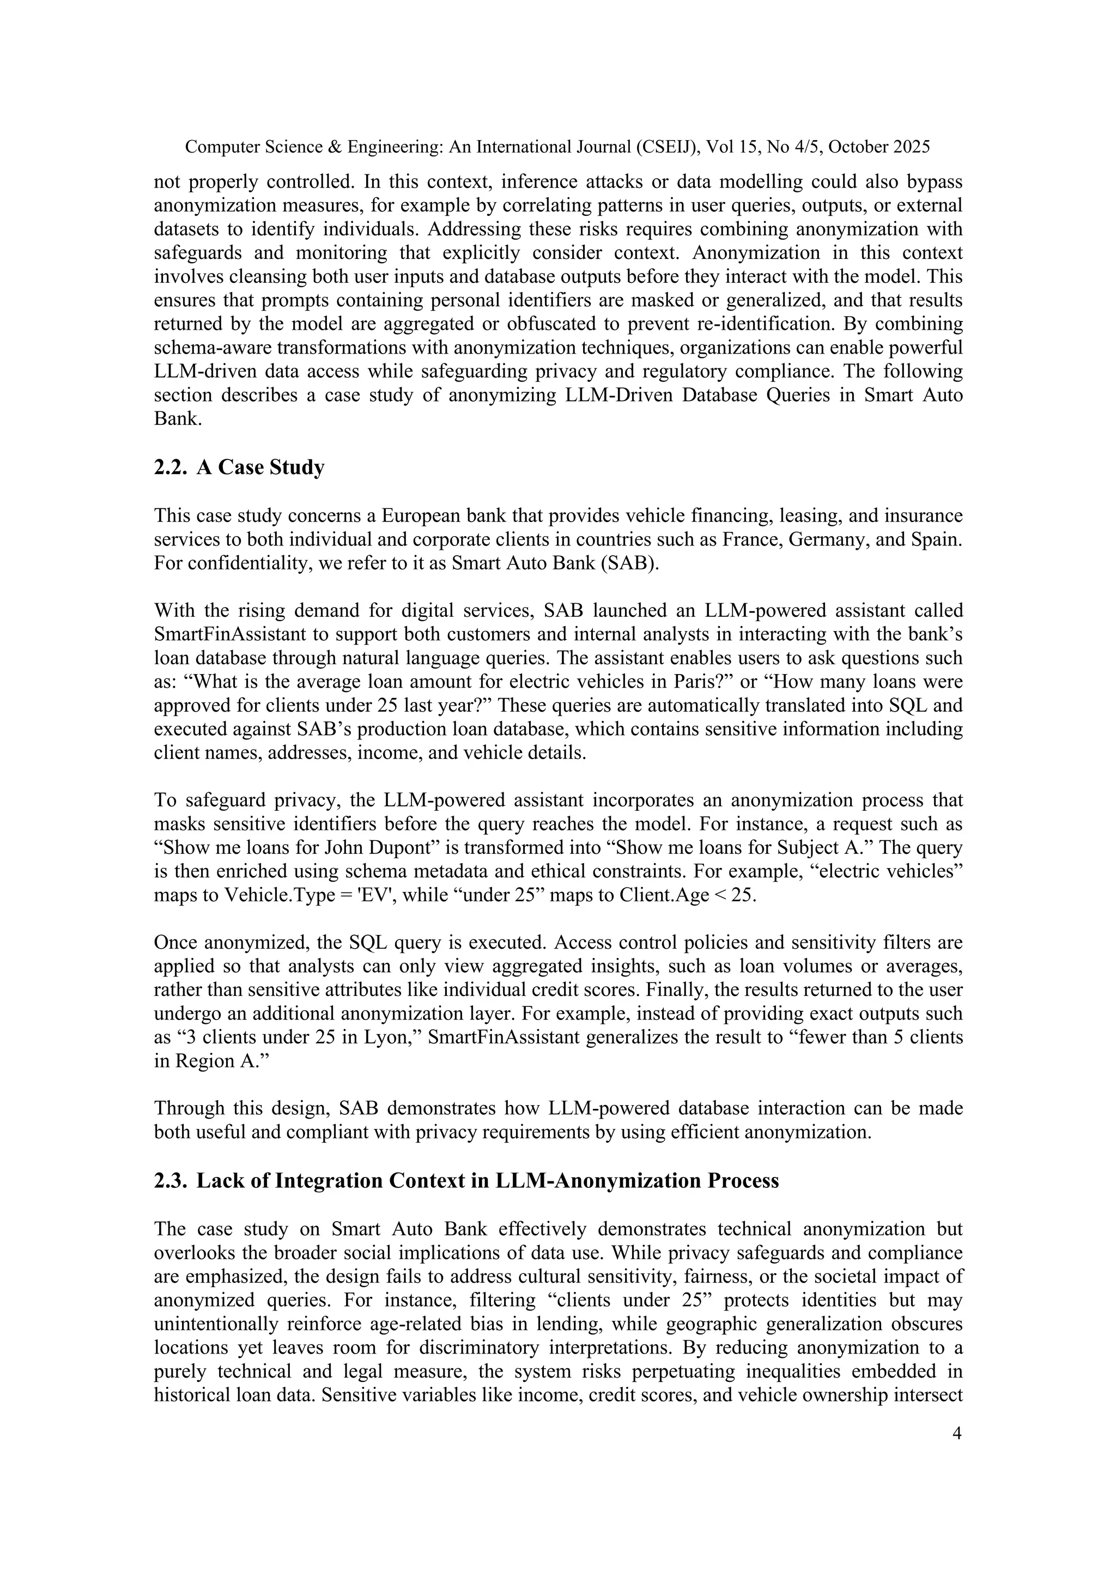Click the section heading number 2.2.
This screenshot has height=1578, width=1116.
coord(171,468)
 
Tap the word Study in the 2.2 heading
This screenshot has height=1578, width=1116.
coord(297,468)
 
